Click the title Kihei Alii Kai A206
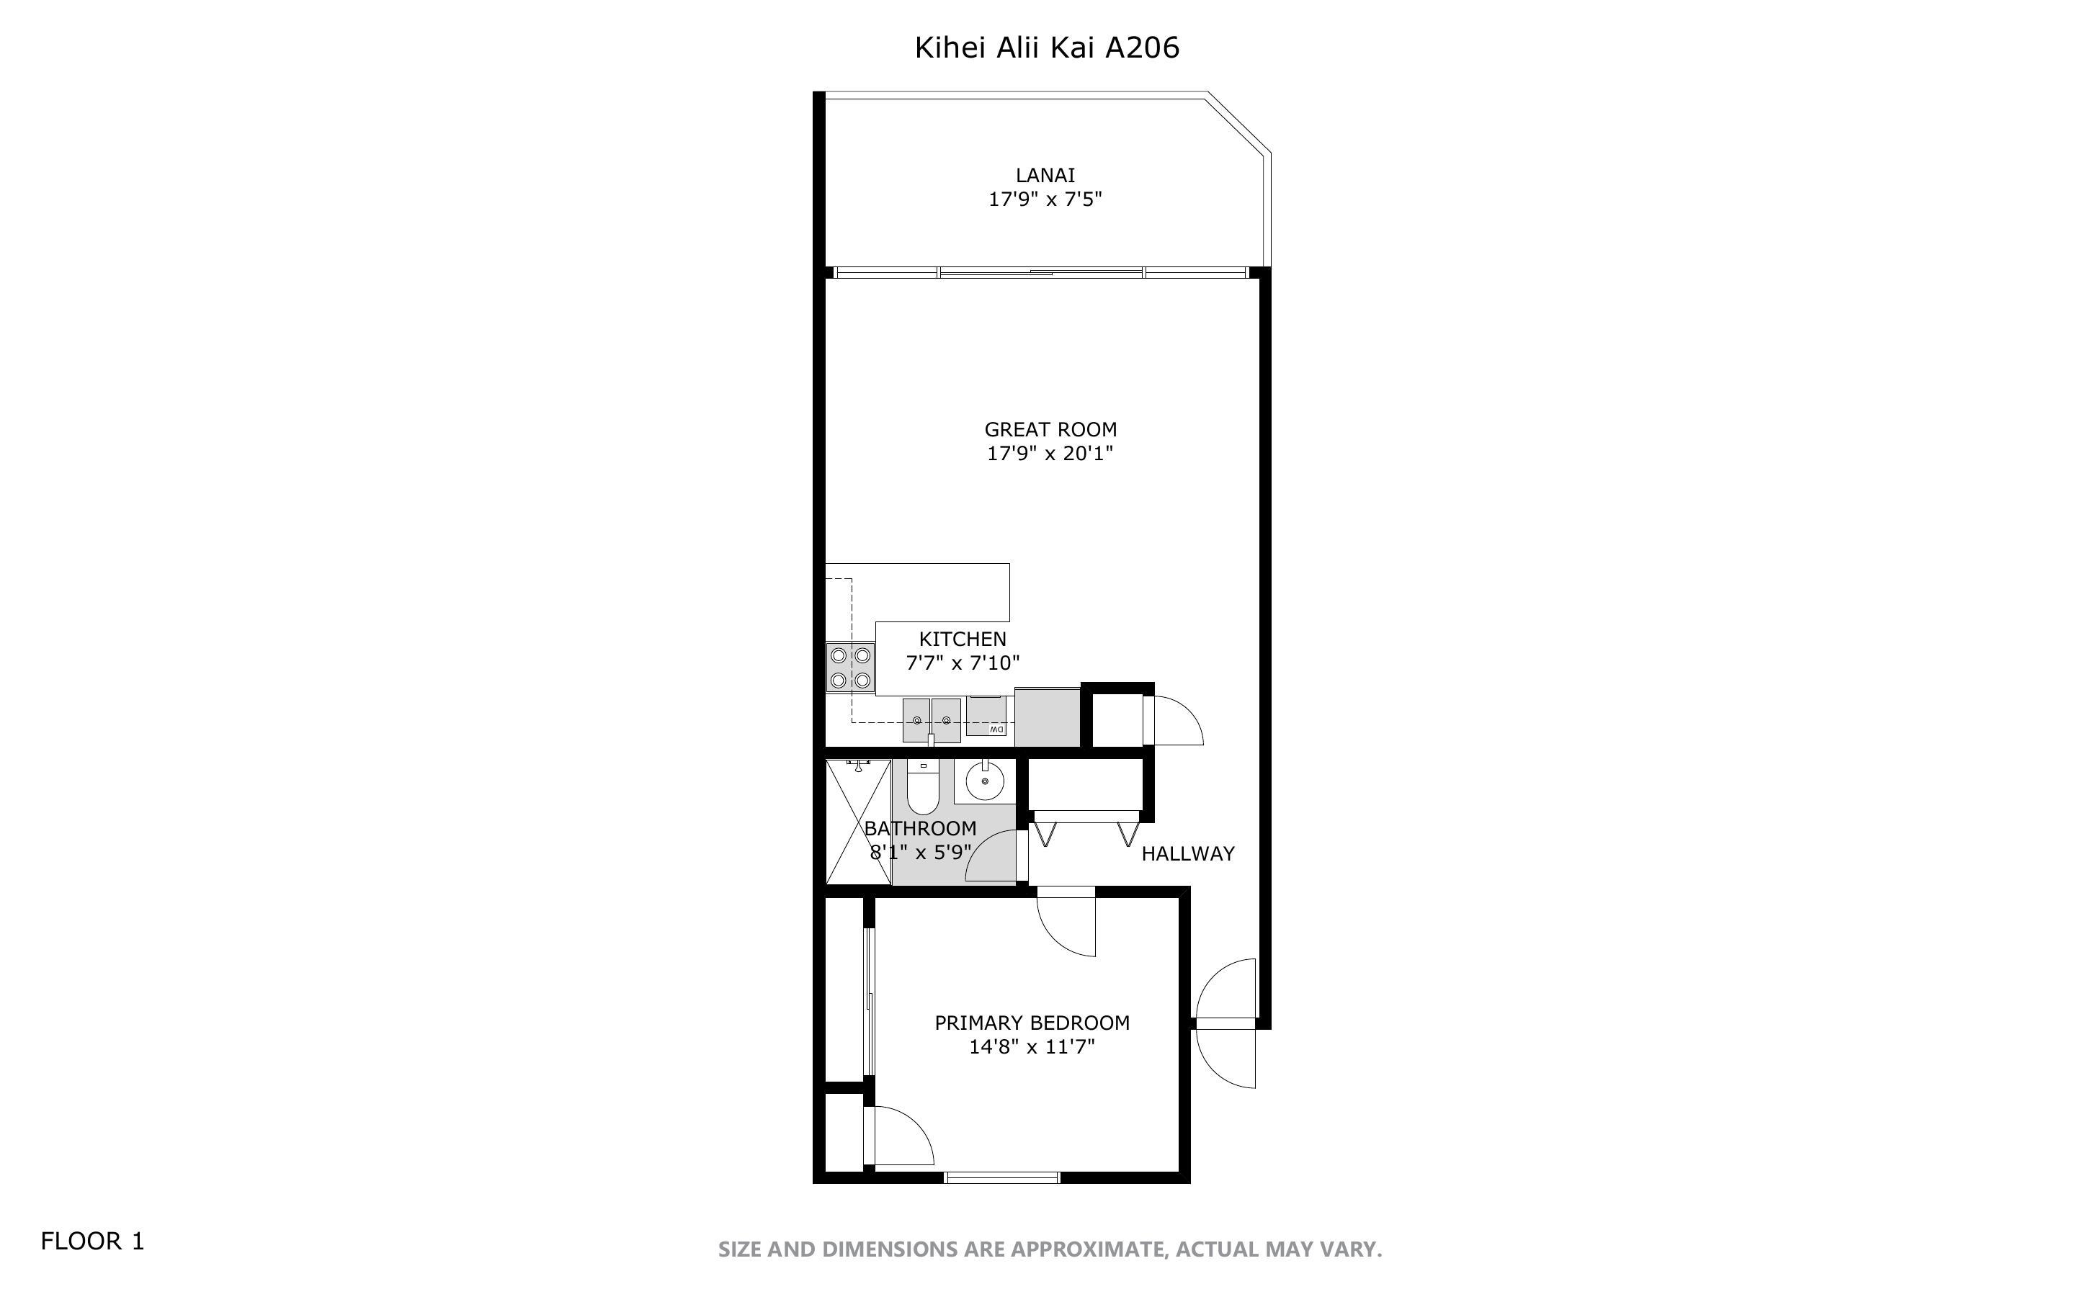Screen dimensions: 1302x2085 (1046, 48)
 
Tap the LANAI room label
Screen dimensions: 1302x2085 (1045, 176)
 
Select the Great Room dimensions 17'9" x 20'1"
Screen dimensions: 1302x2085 (1050, 454)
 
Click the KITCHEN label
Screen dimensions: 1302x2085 (962, 639)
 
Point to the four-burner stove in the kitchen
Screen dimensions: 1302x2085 (850, 668)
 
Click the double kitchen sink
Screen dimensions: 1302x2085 (931, 720)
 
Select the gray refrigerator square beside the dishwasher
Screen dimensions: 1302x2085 (1046, 717)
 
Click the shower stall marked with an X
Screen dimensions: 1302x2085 (858, 822)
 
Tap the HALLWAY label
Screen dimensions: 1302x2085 (1187, 853)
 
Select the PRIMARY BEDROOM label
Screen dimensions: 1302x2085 (1032, 1023)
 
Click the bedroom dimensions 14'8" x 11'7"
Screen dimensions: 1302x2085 (1032, 1047)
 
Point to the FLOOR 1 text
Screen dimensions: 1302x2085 (93, 1241)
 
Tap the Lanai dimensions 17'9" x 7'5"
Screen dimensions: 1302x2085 (1045, 199)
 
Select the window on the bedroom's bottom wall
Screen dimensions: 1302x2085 (1001, 1177)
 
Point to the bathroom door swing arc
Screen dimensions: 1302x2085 (994, 857)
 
